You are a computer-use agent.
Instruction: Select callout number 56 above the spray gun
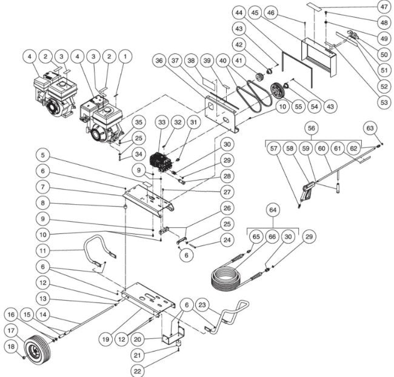click(311, 128)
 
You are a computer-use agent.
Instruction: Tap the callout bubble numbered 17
click(12, 331)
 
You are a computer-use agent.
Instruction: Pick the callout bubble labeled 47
click(382, 7)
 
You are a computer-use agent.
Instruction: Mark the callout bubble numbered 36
click(159, 61)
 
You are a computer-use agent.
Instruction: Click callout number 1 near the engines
click(125, 56)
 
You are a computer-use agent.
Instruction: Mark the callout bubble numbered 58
click(290, 148)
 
